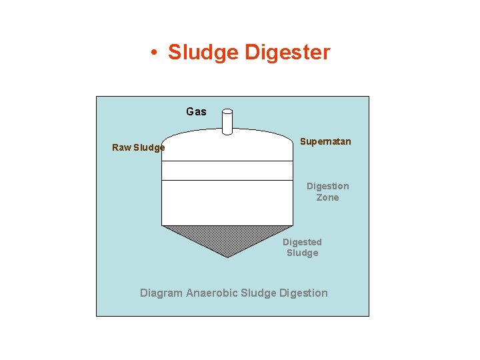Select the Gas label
(196, 112)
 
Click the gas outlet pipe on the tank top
(227, 123)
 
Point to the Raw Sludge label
(138, 147)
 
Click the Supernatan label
(325, 141)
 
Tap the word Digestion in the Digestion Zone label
(327, 186)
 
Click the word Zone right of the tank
(327, 197)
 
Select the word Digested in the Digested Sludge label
(302, 242)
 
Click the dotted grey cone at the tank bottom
(227, 239)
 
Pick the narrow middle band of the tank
(227, 171)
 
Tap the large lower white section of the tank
(227, 203)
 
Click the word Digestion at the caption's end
(304, 293)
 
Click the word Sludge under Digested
(302, 253)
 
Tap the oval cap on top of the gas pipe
(227, 111)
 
